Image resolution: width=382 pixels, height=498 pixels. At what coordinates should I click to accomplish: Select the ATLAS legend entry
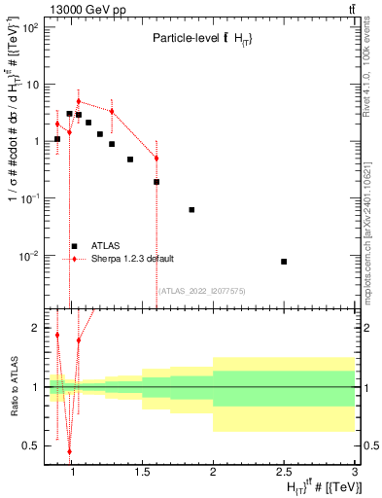tap(107, 246)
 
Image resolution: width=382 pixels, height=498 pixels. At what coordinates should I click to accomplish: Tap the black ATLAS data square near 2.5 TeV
tap(284, 262)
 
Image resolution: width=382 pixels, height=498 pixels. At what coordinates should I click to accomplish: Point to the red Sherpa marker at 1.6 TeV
tap(156, 159)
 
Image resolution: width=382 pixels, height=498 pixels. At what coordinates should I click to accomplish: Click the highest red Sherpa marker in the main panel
tap(79, 101)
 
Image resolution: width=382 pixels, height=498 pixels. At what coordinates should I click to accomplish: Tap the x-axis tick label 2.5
tap(283, 474)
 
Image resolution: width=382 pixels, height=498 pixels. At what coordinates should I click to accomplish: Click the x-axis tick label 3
tap(354, 474)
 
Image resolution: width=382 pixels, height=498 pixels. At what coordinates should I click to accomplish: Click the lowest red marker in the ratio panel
tap(69, 451)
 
